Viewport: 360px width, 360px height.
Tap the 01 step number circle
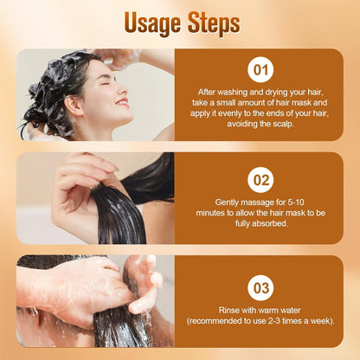[x=260, y=70]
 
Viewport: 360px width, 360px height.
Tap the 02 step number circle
[x=260, y=180]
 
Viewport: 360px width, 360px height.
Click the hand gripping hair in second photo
[x=78, y=190]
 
